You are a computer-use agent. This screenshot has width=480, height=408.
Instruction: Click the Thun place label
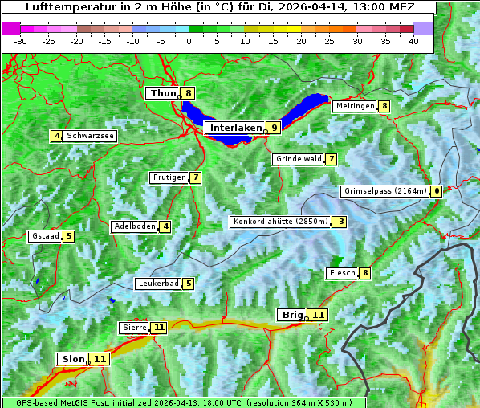click(163, 94)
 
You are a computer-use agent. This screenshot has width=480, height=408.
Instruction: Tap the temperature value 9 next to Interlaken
click(275, 128)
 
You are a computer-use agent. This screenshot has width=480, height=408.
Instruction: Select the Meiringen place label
click(355, 106)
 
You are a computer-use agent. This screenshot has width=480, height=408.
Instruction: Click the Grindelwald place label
click(298, 159)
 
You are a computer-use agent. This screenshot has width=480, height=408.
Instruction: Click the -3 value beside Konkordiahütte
click(340, 222)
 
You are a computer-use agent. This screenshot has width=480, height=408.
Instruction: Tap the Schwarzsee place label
click(91, 136)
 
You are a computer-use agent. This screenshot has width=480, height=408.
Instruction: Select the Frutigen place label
click(169, 177)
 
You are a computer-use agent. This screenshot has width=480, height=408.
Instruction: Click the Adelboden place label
click(134, 226)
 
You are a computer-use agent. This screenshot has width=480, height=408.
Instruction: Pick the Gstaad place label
click(45, 236)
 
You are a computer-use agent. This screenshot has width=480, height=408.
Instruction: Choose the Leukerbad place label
click(157, 284)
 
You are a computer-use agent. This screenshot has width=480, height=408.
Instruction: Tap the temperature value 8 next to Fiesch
click(365, 274)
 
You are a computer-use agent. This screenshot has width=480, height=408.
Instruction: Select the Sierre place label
click(134, 328)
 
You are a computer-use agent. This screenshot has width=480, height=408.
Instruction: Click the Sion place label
click(72, 359)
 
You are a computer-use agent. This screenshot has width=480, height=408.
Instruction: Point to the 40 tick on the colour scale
click(413, 41)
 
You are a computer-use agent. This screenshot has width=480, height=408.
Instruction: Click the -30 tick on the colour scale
click(21, 41)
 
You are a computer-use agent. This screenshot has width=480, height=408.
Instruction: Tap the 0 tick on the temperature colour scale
click(189, 41)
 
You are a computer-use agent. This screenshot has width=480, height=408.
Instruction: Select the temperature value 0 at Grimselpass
click(436, 191)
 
